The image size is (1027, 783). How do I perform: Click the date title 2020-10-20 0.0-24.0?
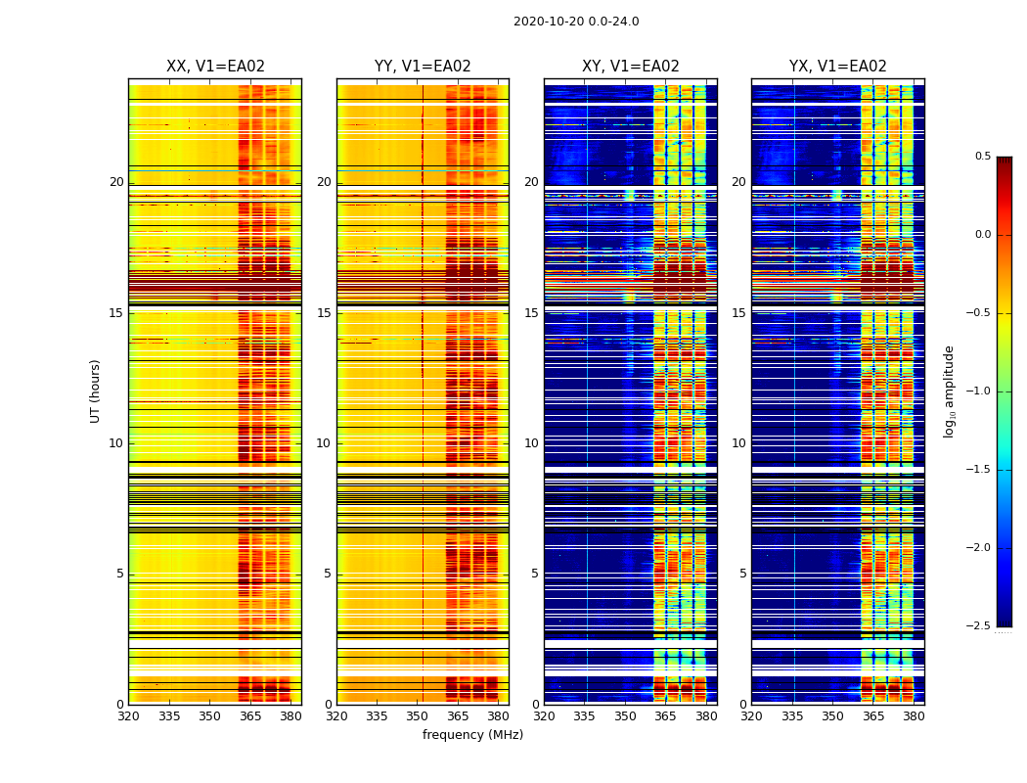click(x=576, y=22)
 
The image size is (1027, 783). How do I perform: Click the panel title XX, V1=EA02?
click(x=215, y=67)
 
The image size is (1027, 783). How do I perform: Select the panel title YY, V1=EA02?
click(x=423, y=67)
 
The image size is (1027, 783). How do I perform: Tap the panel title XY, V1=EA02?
click(x=631, y=67)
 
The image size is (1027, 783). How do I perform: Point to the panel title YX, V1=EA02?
click(x=838, y=67)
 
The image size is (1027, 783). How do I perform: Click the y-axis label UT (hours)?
click(x=96, y=391)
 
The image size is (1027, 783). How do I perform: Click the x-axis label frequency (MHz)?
click(x=472, y=735)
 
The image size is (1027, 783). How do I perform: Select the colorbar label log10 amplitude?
click(x=949, y=391)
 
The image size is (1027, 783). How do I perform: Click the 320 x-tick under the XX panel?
click(x=128, y=716)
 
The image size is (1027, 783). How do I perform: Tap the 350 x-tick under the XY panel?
click(x=625, y=716)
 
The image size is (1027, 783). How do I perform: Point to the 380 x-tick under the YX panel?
click(x=914, y=716)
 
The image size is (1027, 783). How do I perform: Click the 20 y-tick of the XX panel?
click(x=116, y=182)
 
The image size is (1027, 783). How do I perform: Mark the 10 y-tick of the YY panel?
click(x=324, y=443)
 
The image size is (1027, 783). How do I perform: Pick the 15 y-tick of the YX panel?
click(x=738, y=313)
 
